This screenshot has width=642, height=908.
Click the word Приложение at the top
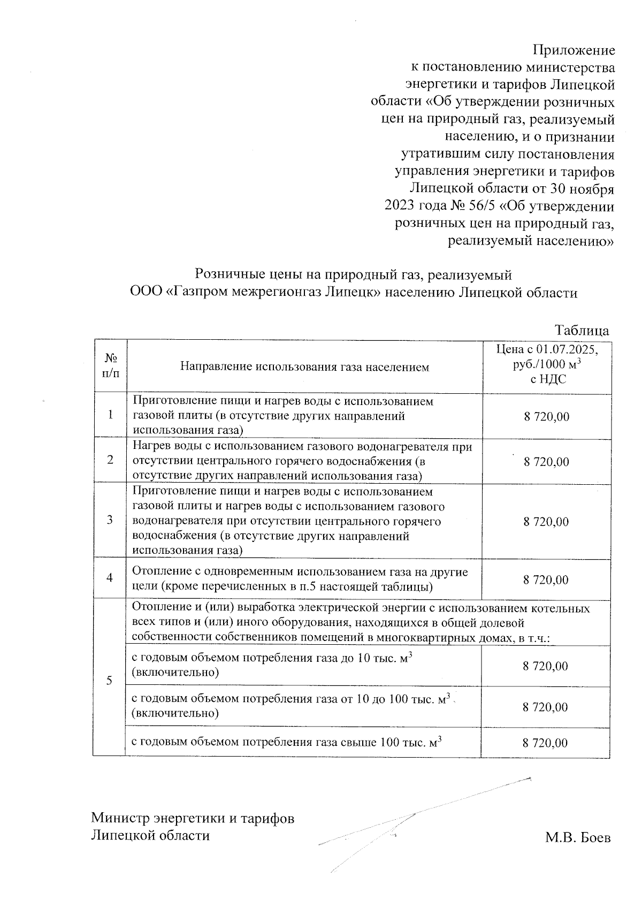(x=574, y=51)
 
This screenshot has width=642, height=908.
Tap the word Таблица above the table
(x=582, y=330)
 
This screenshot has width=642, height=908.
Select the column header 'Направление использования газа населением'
(x=304, y=367)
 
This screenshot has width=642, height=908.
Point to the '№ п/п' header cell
(x=110, y=365)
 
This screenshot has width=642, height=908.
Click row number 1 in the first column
(x=110, y=415)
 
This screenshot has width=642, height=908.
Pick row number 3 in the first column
(x=110, y=520)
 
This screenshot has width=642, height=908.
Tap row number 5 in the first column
(x=109, y=681)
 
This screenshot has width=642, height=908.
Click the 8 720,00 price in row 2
(x=546, y=462)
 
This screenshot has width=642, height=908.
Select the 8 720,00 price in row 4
(x=546, y=579)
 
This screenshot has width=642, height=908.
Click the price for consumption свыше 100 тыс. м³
(x=545, y=743)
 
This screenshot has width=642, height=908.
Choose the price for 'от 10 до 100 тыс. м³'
(x=545, y=707)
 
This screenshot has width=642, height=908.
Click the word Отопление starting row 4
(x=158, y=572)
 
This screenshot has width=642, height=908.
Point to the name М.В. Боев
(x=578, y=837)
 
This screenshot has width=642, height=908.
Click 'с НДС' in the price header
(x=547, y=379)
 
